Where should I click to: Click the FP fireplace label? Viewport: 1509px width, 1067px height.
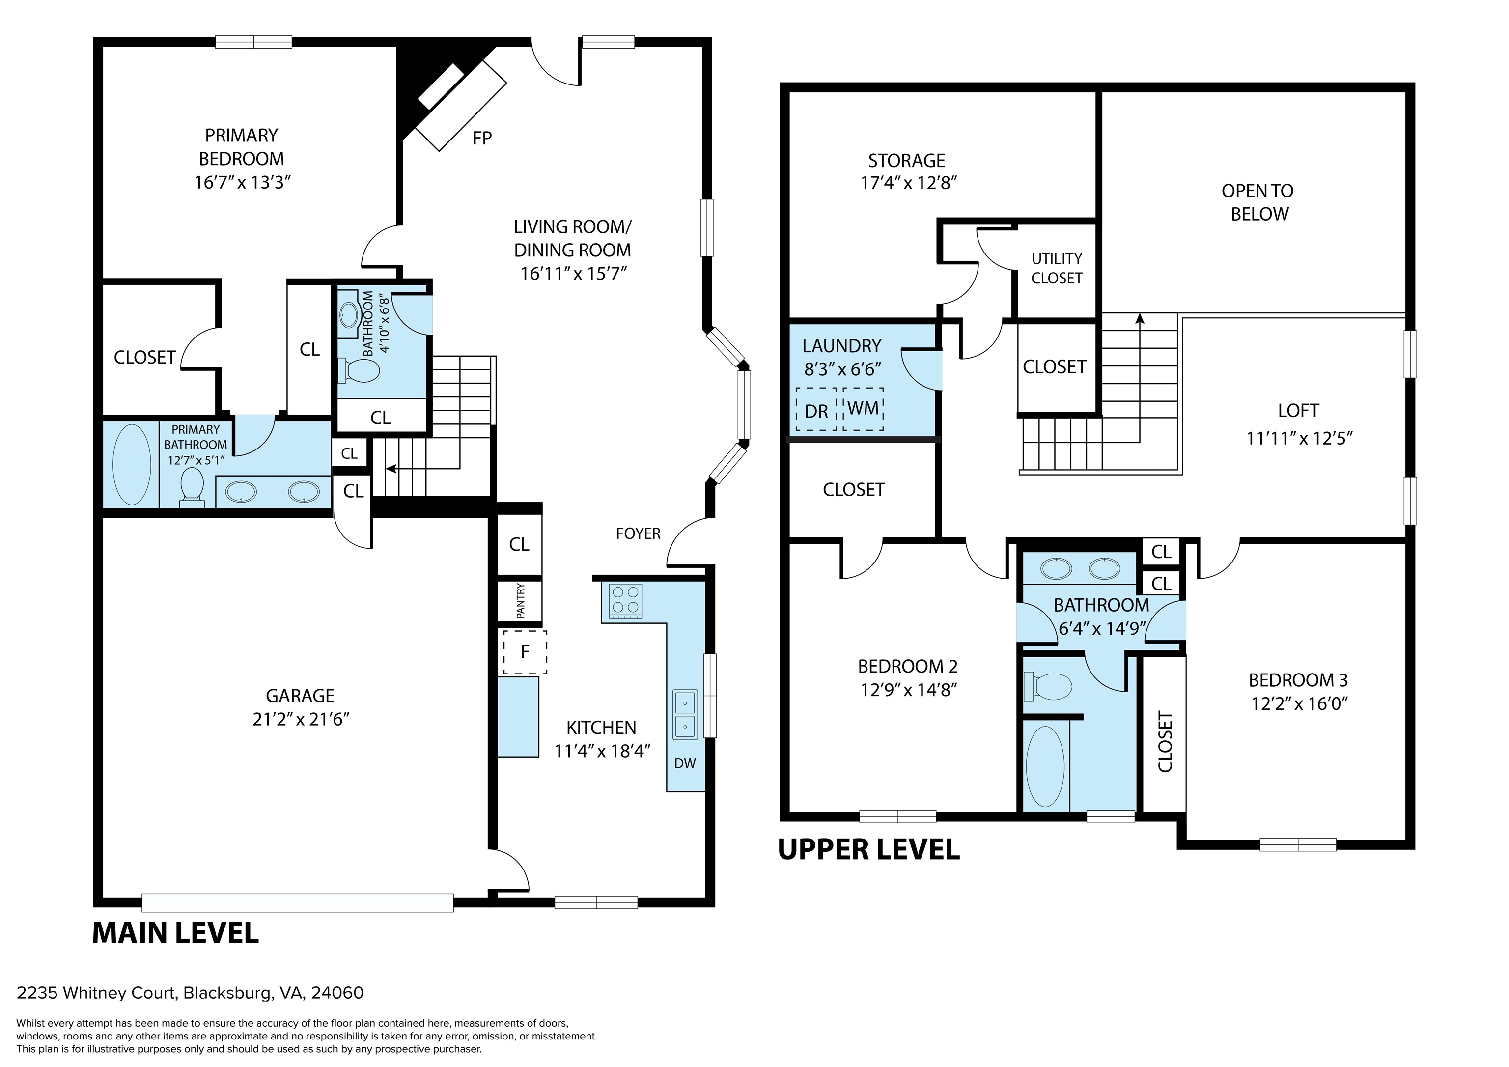pos(482,138)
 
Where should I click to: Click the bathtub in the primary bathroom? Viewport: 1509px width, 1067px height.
pos(132,464)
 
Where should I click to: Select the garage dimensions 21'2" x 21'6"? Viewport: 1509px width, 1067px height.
pos(300,719)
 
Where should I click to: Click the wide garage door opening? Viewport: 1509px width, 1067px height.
pos(298,902)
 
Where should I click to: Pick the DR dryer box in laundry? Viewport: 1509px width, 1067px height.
pos(816,410)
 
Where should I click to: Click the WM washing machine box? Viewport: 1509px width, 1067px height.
pos(863,409)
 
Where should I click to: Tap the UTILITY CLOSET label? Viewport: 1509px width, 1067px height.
pos(1057,268)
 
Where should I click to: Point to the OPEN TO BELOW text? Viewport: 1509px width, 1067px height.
pos(1258,202)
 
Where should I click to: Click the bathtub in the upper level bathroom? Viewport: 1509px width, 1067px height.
pos(1045,766)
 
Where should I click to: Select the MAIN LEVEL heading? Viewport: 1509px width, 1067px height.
pos(175,933)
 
